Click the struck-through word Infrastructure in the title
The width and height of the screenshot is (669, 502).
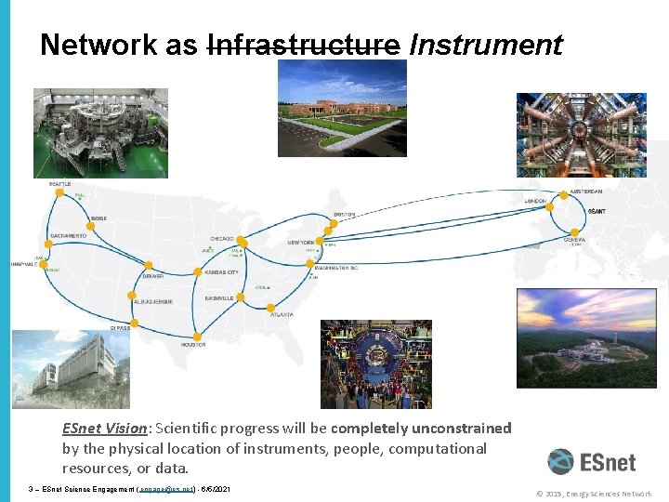pos(303,44)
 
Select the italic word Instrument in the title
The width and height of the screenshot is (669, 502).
pos(486,44)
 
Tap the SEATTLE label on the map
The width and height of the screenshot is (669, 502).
pos(59,184)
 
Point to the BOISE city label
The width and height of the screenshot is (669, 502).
pos(98,218)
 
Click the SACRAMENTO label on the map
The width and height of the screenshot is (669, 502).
pos(69,236)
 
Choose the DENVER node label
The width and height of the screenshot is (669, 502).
pos(153,276)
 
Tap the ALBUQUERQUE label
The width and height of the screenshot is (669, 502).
pos(152,302)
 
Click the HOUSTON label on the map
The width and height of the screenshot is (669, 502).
pos(193,345)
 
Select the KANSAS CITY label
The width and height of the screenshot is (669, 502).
pos(221,272)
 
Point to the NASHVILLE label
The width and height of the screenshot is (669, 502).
pos(219,298)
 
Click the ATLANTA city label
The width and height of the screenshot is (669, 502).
pos(282,315)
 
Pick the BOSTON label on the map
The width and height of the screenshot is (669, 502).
pos(344,215)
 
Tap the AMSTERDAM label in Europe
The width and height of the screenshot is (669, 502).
pos(586,192)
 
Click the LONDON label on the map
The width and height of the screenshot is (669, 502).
pos(535,201)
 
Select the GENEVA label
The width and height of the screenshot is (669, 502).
pos(574,239)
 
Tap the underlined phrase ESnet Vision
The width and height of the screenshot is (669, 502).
pos(104,429)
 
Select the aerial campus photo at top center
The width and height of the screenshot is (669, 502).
pos(342,108)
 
